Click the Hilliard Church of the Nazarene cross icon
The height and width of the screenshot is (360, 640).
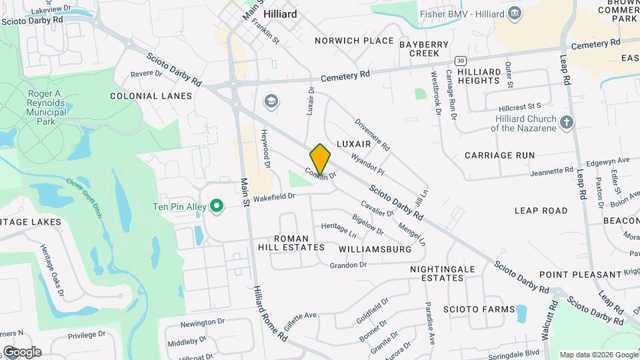566,122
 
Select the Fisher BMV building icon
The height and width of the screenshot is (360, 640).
515,13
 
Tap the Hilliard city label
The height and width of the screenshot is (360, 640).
280,13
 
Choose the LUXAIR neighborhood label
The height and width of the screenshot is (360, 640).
353,144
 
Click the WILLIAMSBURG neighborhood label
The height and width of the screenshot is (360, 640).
375,249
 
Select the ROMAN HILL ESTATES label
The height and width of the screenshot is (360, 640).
291,243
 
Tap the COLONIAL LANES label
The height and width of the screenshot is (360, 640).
151,96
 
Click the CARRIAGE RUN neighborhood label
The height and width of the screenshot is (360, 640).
499,155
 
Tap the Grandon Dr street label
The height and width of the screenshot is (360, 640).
348,265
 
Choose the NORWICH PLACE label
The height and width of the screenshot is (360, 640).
354,41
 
